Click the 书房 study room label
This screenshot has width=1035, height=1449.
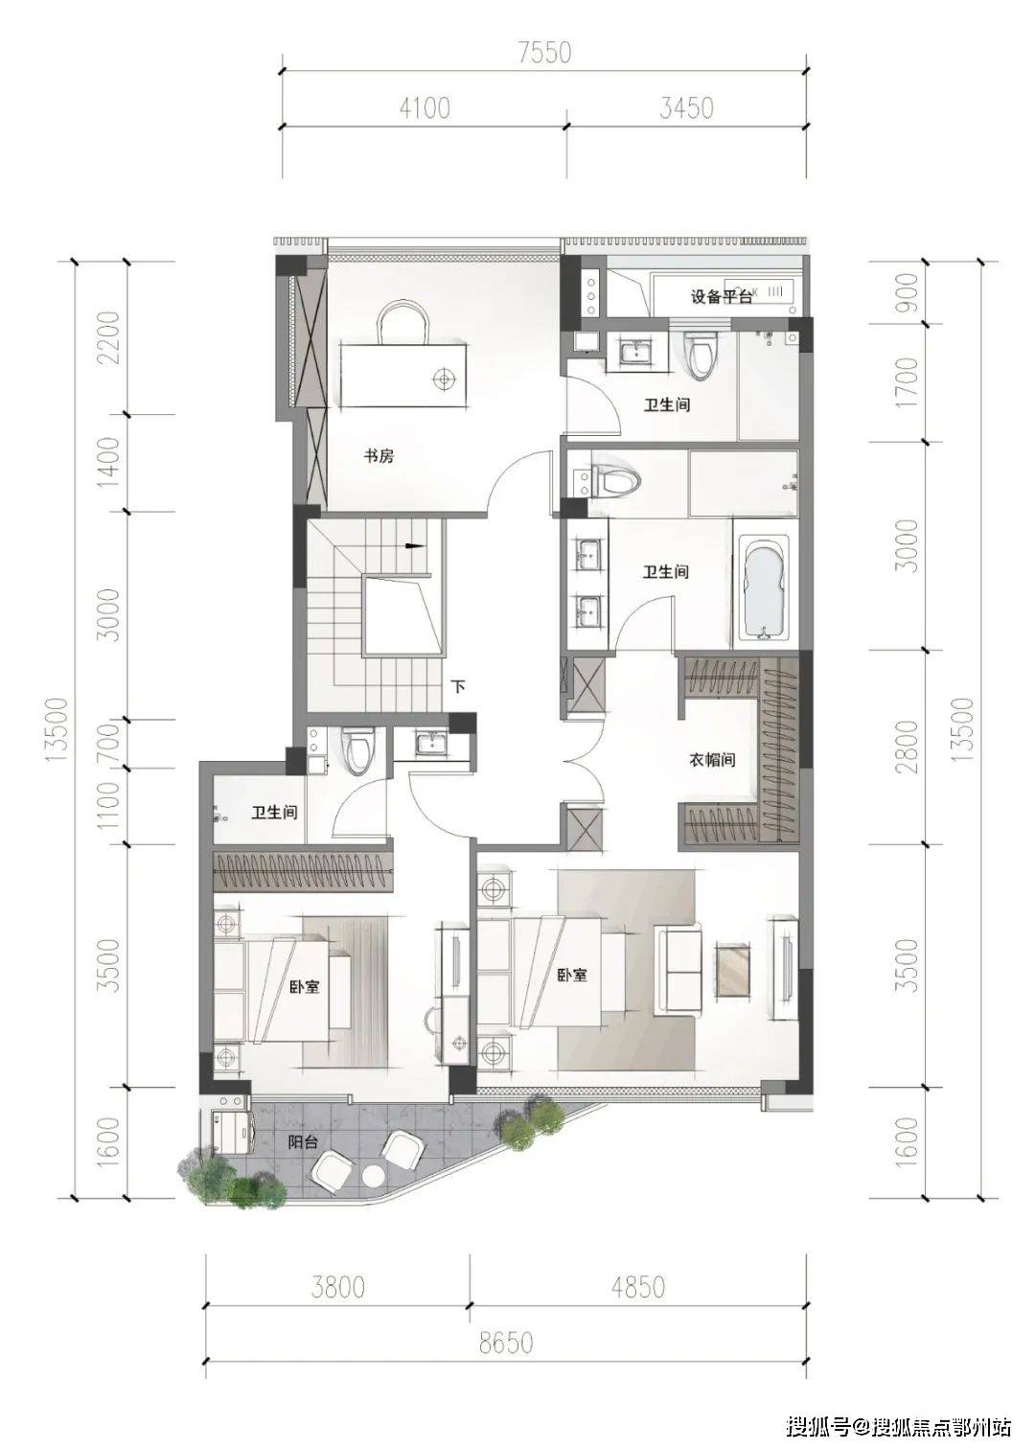[378, 457]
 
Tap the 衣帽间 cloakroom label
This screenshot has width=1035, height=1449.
[711, 759]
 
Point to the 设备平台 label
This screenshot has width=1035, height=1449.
[722, 297]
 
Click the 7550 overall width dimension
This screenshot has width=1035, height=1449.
[544, 53]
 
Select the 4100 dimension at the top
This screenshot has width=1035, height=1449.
[425, 108]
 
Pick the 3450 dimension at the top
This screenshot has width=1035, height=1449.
[686, 108]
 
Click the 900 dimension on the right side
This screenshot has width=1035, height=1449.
[908, 292]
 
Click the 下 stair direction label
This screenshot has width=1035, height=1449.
[458, 686]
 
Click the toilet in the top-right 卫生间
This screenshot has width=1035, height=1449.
[701, 356]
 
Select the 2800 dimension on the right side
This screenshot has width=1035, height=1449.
[908, 747]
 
